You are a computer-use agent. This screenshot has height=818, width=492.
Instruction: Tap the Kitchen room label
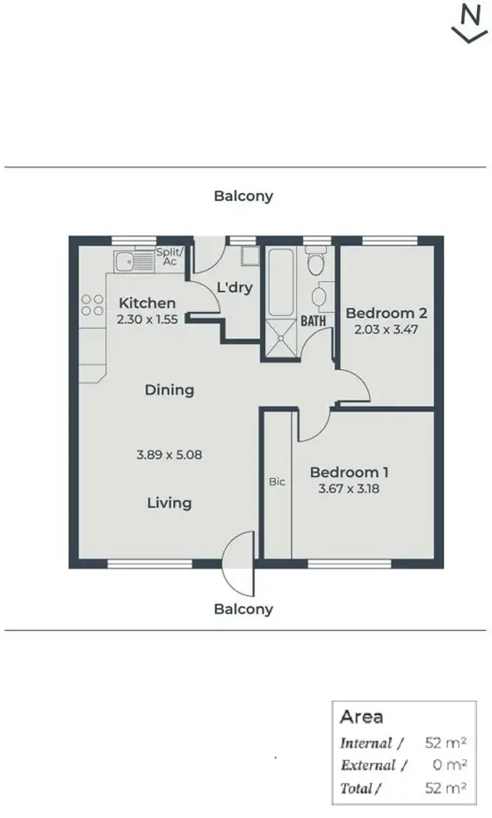tap(148, 303)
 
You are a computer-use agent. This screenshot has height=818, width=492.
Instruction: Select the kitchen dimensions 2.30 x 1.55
tap(148, 320)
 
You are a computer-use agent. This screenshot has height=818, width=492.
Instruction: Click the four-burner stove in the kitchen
tap(92, 305)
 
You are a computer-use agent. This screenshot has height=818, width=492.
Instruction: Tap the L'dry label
tap(235, 287)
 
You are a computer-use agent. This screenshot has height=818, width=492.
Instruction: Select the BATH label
tap(314, 322)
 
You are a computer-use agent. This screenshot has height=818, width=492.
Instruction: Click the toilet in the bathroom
tap(316, 261)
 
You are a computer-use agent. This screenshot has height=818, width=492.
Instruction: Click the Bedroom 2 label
tap(387, 313)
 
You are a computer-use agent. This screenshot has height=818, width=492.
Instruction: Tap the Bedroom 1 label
tap(350, 473)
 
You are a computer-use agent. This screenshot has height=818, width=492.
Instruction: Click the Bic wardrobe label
tap(277, 481)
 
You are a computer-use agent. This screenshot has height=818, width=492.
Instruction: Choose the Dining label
tap(170, 390)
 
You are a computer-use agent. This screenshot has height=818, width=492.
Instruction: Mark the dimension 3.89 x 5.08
tap(170, 455)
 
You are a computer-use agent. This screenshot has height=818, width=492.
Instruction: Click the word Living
tap(170, 503)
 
